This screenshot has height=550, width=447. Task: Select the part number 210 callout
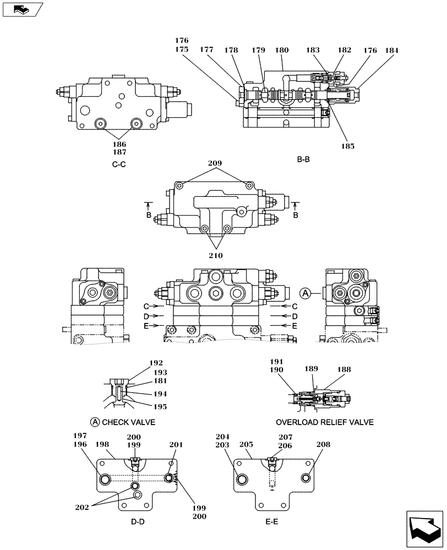click(x=216, y=255)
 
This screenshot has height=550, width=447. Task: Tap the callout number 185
click(x=347, y=146)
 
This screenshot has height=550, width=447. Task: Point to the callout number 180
click(x=281, y=50)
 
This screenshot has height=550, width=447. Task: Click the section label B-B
click(x=303, y=160)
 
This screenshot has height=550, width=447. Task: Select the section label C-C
click(x=118, y=164)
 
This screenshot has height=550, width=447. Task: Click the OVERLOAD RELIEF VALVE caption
click(x=325, y=422)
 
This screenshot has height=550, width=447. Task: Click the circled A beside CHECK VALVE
click(x=95, y=422)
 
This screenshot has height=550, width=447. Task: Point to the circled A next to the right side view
click(x=306, y=293)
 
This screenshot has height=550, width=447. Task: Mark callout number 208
click(x=324, y=444)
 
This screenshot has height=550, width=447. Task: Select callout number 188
click(x=345, y=370)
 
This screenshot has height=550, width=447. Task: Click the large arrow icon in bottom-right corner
click(x=424, y=528)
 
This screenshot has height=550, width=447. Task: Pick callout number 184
click(x=393, y=50)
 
